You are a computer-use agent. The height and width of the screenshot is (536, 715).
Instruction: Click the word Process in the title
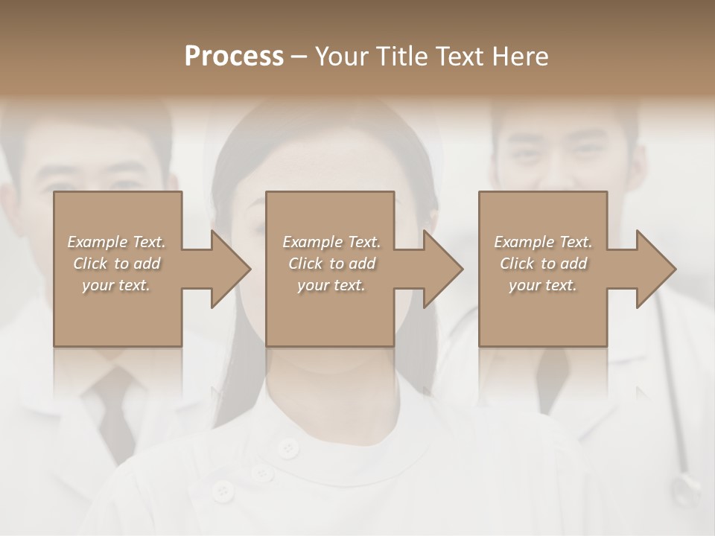click(234, 57)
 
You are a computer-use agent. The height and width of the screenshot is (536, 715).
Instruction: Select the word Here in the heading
click(521, 57)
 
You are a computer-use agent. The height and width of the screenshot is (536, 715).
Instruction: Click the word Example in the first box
click(97, 242)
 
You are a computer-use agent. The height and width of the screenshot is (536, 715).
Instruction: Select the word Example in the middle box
click(312, 242)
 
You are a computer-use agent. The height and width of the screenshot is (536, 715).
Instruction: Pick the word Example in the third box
click(524, 242)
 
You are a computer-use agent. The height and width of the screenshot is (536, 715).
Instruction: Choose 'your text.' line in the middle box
click(331, 285)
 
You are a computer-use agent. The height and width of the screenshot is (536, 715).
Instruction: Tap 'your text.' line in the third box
click(542, 285)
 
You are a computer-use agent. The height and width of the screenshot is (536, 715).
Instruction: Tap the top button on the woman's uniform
click(287, 447)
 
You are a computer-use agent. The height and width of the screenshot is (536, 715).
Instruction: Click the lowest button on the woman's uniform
click(221, 491)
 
